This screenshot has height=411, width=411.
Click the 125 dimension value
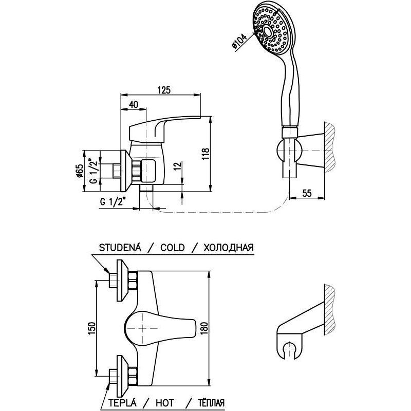pyautogui.click(x=163, y=89)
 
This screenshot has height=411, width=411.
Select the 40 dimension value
pyautogui.click(x=133, y=104)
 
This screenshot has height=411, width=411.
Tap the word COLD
pyautogui.click(x=172, y=247)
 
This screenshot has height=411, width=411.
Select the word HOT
pyautogui.click(x=170, y=402)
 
